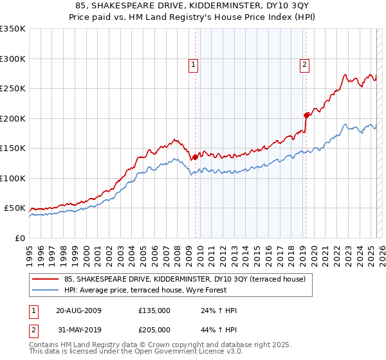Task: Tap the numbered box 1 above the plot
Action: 193,64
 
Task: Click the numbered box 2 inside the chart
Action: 304,64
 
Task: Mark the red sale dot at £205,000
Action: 306,116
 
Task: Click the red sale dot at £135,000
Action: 195,157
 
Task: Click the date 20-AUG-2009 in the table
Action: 79,310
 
